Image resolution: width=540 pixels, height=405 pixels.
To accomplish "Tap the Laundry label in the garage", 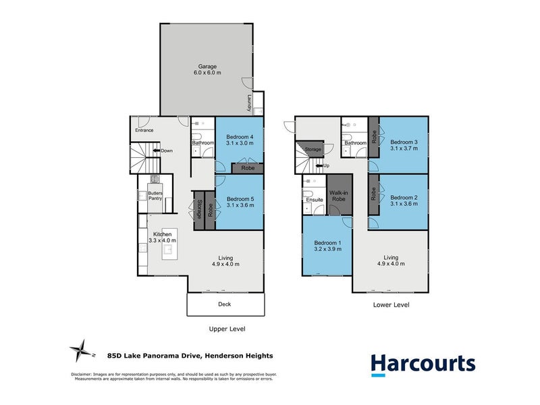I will click(248, 103).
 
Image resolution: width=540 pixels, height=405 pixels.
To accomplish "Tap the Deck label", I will click(224, 304).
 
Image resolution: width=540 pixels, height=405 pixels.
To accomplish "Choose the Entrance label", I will click(144, 130).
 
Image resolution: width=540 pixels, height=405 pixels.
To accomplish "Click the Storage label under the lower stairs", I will click(313, 149).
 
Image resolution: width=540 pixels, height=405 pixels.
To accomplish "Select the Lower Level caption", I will click(391, 304).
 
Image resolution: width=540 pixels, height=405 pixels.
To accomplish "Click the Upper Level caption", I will click(226, 329).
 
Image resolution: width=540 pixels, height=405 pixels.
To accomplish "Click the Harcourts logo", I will click(423, 364).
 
